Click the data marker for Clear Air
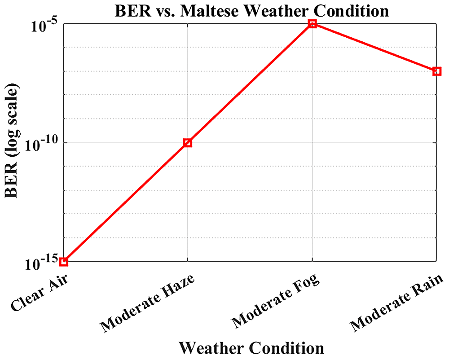[x=64, y=262]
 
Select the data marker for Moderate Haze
[x=188, y=143]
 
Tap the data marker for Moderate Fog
[x=312, y=24]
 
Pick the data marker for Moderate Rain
[x=436, y=71]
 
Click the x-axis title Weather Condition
[x=251, y=348]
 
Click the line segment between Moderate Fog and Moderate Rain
[x=374, y=47]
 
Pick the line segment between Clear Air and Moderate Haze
[x=126, y=202]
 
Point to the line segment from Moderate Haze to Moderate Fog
[x=250, y=83]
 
